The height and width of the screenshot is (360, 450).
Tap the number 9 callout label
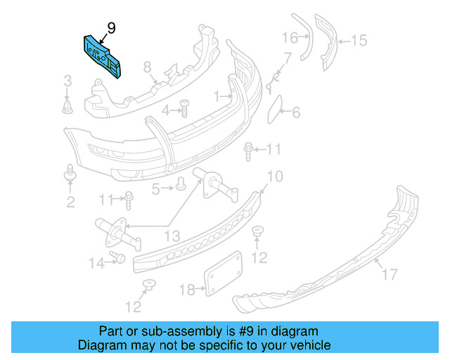111,28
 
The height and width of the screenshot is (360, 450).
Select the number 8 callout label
148,67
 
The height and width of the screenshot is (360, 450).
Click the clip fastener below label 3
68,106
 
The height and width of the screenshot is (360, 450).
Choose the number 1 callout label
218,94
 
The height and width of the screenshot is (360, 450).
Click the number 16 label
290,37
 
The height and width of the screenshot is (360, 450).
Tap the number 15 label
359,41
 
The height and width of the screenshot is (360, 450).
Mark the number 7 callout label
287,57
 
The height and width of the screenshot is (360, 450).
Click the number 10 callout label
274,175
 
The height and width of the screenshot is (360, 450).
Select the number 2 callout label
70,202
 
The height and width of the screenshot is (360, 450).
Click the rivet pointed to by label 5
180,185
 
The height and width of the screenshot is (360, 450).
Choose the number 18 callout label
187,290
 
